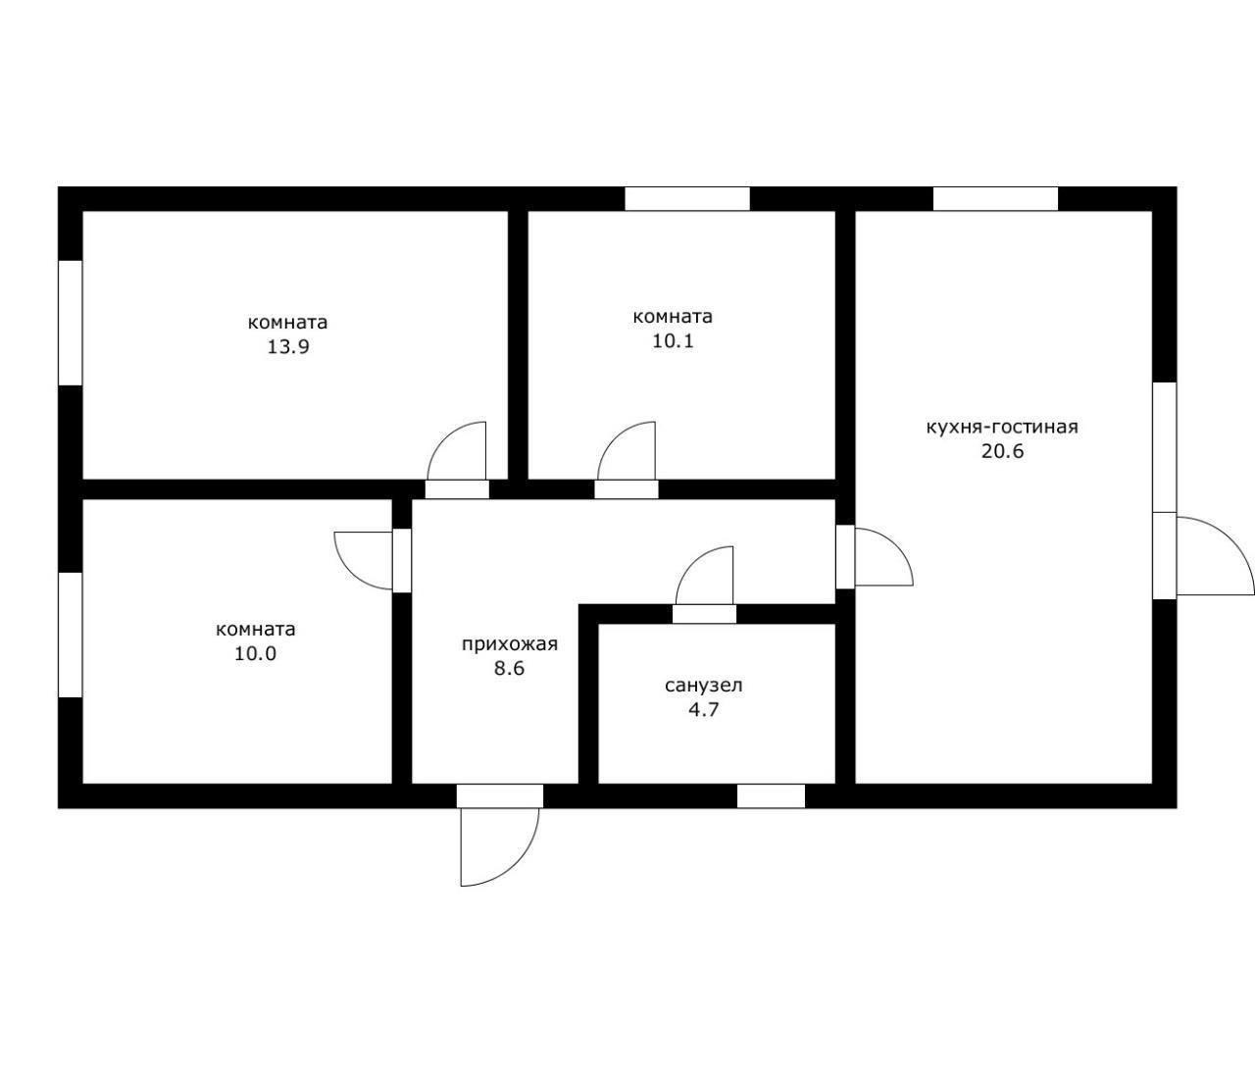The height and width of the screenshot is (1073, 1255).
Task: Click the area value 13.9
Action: pyautogui.click(x=288, y=347)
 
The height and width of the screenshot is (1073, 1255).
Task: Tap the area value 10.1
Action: pyautogui.click(x=673, y=341)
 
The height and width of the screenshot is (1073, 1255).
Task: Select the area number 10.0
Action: pyautogui.click(x=256, y=654)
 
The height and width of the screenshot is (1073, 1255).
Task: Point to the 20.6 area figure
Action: pyautogui.click(x=1002, y=452)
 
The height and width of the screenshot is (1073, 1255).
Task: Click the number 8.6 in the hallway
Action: pyautogui.click(x=509, y=669)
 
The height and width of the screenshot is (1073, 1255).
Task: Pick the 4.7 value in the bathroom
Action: pyautogui.click(x=704, y=710)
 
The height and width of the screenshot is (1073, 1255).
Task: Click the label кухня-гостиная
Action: pyautogui.click(x=1002, y=427)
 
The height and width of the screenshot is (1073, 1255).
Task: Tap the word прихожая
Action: pyautogui.click(x=510, y=644)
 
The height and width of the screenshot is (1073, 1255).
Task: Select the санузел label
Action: pyautogui.click(x=704, y=687)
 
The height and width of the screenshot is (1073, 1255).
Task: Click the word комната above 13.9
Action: pyautogui.click(x=288, y=323)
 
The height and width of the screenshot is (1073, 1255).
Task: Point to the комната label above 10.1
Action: pyautogui.click(x=673, y=317)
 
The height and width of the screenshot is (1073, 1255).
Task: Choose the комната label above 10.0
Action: pyautogui.click(x=256, y=630)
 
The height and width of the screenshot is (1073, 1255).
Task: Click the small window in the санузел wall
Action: pyautogui.click(x=771, y=796)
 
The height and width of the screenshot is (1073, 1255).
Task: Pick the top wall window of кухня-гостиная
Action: pyautogui.click(x=996, y=198)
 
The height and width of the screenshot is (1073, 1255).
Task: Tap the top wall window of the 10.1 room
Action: pyautogui.click(x=687, y=198)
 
